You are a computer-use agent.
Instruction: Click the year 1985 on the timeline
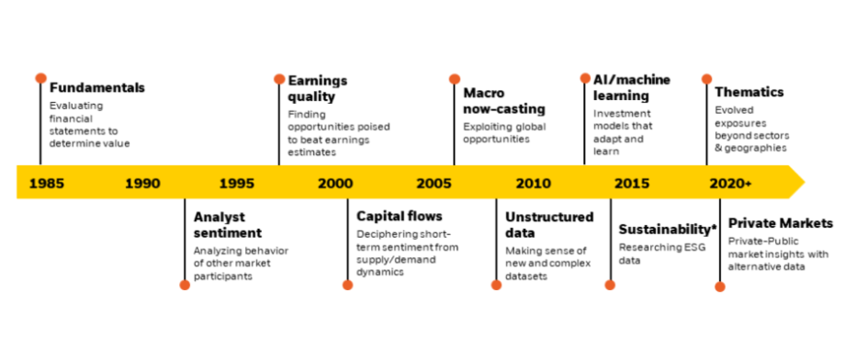pos(46,183)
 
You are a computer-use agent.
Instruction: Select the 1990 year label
pos(141,183)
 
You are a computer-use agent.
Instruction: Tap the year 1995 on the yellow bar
pos(237,183)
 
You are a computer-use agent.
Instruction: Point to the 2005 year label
pos(434,183)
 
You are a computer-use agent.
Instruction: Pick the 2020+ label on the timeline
pos(731,183)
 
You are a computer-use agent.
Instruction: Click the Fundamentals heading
pos(96,88)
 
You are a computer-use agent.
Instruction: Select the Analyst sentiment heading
pos(228,225)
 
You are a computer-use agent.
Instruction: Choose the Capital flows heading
pos(400,217)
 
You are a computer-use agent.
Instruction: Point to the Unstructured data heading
pos(548,225)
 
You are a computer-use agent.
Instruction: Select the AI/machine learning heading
pos(625,88)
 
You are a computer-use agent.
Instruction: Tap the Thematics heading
pos(749,92)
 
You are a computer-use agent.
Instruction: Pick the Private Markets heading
pos(781,223)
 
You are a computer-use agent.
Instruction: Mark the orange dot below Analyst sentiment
pos(185,285)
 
